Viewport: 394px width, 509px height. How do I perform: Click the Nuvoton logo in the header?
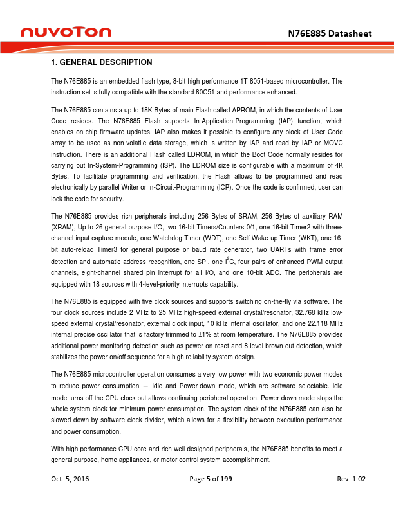point(66,31)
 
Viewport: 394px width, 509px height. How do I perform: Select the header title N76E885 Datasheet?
point(330,32)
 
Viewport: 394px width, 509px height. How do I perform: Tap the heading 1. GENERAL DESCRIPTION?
point(101,62)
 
